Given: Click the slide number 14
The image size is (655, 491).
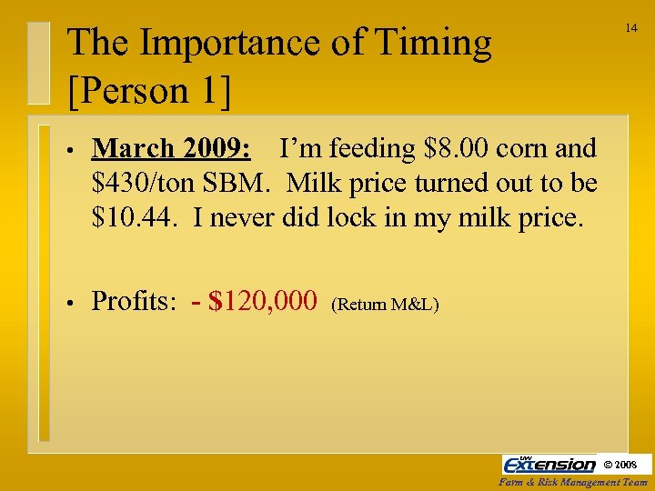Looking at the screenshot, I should click(x=630, y=28).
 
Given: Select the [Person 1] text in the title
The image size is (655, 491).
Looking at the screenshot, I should click(x=149, y=90).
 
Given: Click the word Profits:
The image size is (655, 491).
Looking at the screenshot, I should click(x=134, y=301).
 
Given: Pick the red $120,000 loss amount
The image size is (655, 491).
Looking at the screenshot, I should click(x=262, y=301).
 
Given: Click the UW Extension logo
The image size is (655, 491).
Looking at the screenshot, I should click(x=549, y=464).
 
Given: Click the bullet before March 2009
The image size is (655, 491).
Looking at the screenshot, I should click(x=69, y=151).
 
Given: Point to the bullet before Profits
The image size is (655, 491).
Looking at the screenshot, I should click(x=69, y=303).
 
